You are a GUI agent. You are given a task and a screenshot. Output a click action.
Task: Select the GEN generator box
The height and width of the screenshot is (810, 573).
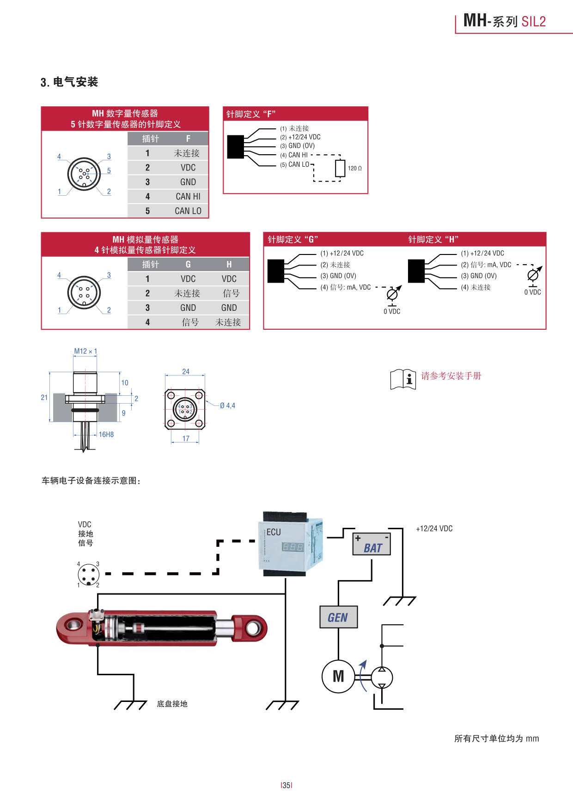(338, 617)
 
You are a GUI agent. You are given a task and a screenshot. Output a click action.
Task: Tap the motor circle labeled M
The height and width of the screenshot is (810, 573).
(338, 677)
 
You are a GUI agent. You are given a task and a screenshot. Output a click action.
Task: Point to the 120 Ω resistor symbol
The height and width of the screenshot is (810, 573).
(340, 168)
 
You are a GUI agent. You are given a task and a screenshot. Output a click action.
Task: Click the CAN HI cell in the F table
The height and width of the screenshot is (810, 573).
(188, 196)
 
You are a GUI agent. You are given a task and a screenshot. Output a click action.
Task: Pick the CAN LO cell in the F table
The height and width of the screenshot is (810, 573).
(188, 211)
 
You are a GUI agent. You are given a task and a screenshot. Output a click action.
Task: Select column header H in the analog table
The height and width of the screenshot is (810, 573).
(229, 264)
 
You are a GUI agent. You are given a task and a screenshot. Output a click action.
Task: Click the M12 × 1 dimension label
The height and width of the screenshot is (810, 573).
(85, 351)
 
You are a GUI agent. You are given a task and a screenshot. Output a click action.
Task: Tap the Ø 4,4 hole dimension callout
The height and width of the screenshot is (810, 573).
(227, 405)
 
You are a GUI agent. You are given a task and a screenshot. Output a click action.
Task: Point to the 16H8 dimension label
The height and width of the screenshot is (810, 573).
(106, 434)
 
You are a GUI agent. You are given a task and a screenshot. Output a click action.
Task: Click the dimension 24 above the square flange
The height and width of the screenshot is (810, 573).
(186, 371)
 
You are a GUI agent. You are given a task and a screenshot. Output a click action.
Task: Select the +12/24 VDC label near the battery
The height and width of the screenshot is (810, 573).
(434, 528)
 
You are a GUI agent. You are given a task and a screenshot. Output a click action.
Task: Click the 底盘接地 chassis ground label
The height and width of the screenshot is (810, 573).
(172, 704)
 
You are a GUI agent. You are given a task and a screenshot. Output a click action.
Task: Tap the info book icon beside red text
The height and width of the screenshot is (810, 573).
(403, 379)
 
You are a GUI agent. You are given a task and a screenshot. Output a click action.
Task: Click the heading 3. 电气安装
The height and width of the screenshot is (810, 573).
(69, 82)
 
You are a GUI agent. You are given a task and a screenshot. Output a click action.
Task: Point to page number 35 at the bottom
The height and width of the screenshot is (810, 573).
(286, 785)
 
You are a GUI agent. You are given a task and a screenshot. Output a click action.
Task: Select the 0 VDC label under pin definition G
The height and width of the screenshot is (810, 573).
(392, 311)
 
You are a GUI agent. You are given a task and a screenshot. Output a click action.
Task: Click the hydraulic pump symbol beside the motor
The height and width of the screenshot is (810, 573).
(382, 677)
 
